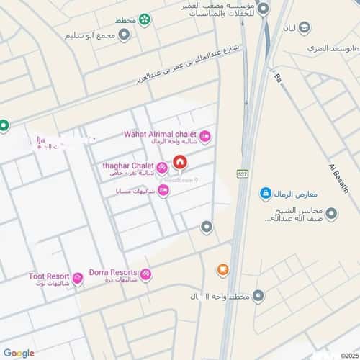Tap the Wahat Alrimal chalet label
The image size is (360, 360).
click(160, 133)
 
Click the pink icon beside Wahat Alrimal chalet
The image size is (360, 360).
click(204, 135)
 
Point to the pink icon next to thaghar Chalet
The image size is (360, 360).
click(161, 166)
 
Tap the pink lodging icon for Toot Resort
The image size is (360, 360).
click(78, 279)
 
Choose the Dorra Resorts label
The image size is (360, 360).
click(112, 273)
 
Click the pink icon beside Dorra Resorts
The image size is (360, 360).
click(146, 274)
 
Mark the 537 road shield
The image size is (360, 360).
click(241, 174)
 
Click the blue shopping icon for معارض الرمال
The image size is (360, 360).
click(265, 194)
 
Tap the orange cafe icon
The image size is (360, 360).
click(223, 270)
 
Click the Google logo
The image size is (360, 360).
click(19, 353)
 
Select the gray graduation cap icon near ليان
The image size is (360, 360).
click(305, 27)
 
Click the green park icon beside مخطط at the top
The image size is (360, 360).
click(145, 19)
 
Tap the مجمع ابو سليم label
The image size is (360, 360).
click(90, 35)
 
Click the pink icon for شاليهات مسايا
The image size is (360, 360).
click(163, 190)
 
